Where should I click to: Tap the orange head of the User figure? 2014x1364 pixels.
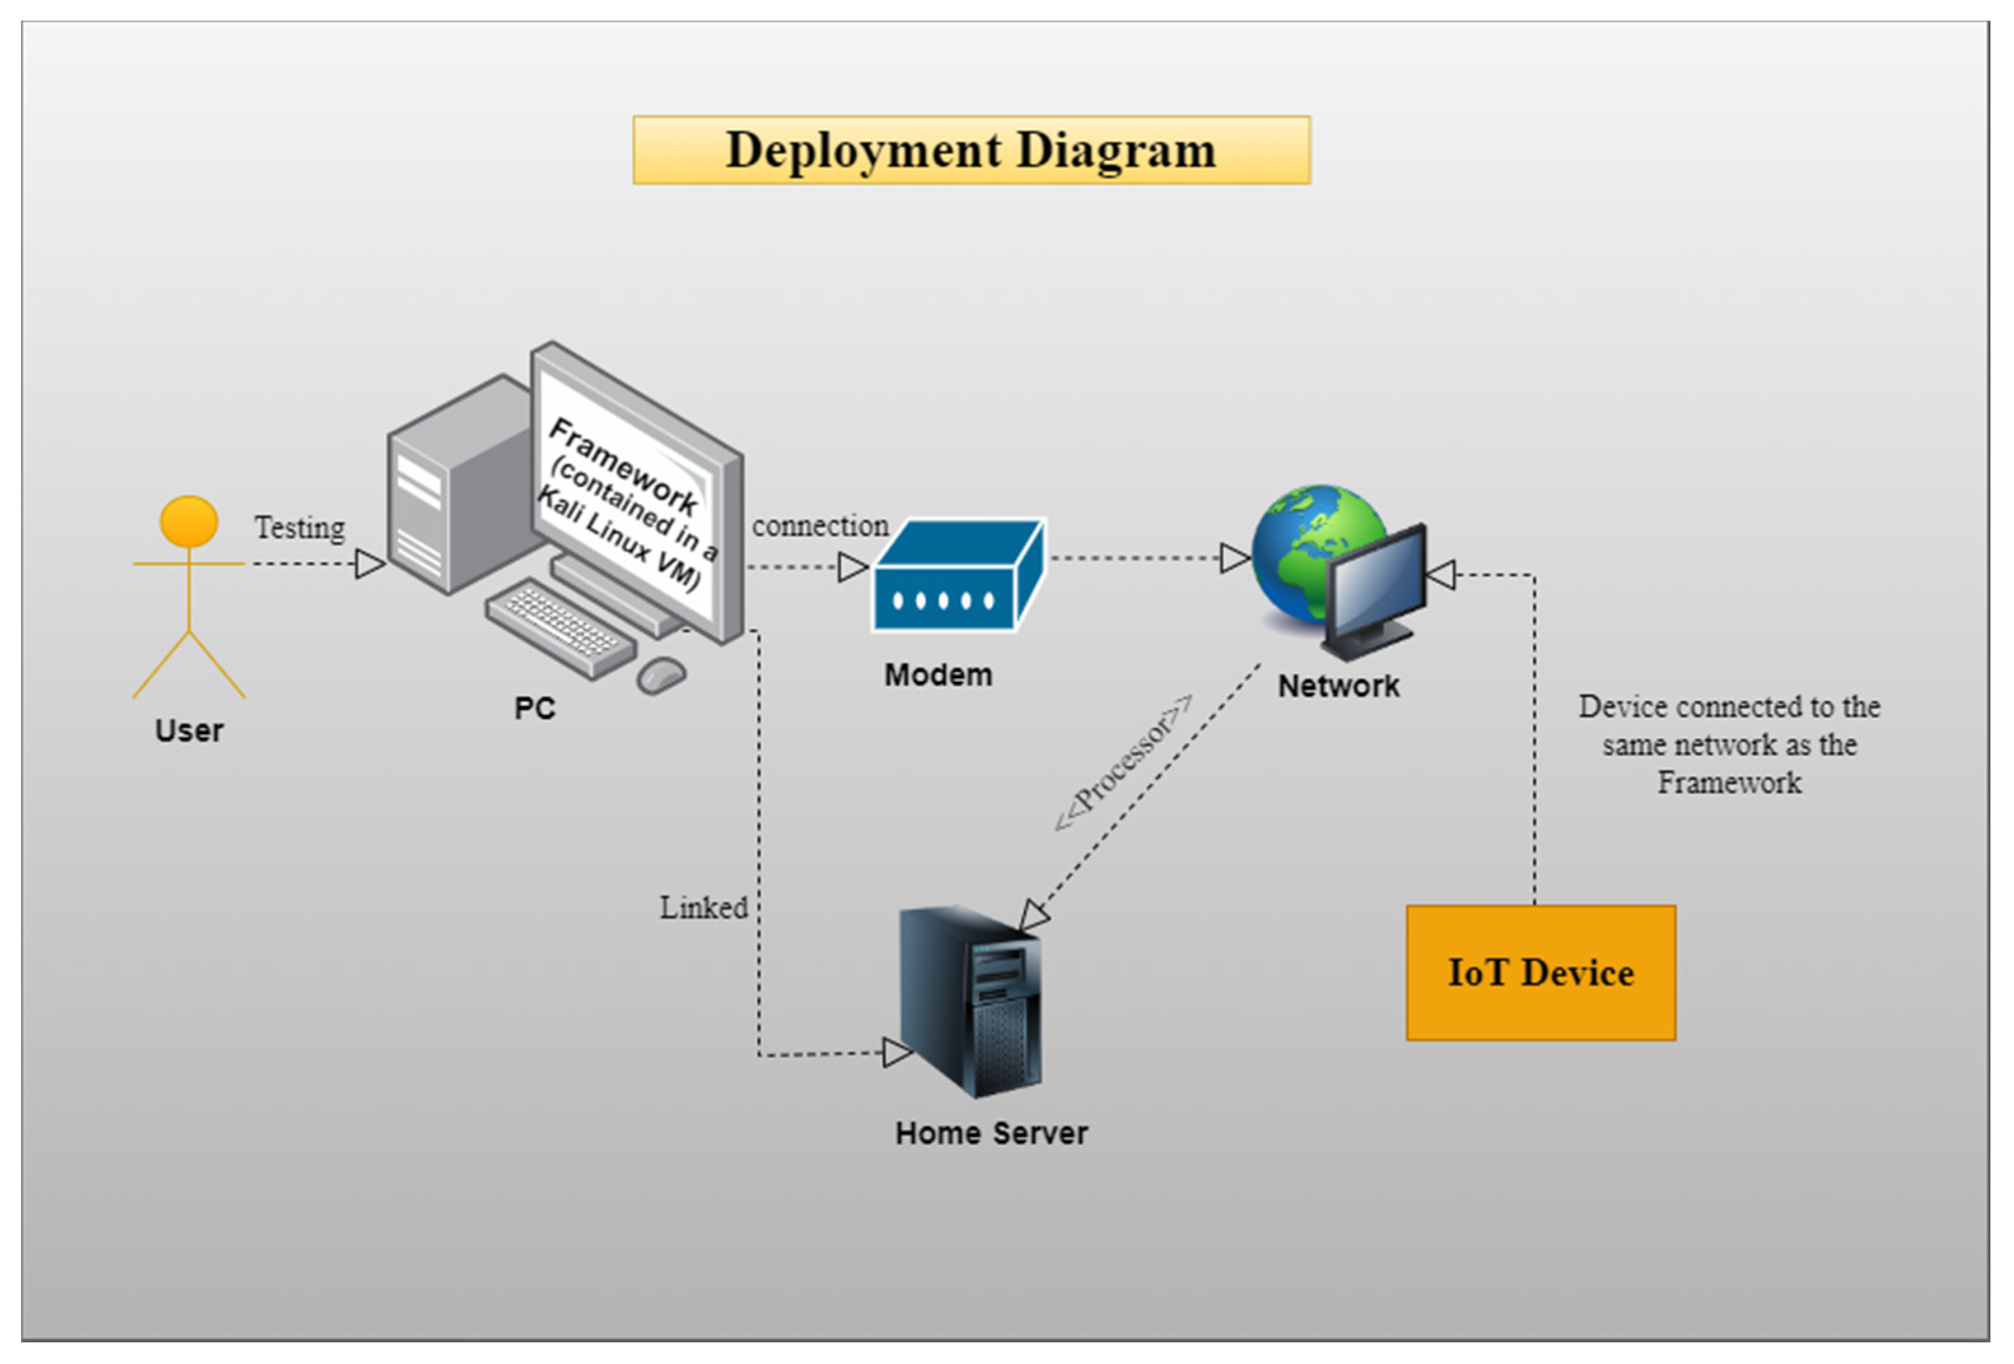tap(189, 521)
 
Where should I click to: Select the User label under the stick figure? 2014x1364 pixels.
tap(189, 730)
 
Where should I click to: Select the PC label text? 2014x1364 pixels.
tap(534, 708)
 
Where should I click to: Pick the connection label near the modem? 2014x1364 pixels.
tap(819, 525)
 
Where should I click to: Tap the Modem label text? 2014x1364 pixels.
tap(938, 674)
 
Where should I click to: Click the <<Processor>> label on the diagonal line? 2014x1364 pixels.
tap(1123, 763)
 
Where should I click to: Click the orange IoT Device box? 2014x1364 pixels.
tap(1540, 972)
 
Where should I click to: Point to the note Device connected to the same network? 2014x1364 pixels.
tap(1728, 744)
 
